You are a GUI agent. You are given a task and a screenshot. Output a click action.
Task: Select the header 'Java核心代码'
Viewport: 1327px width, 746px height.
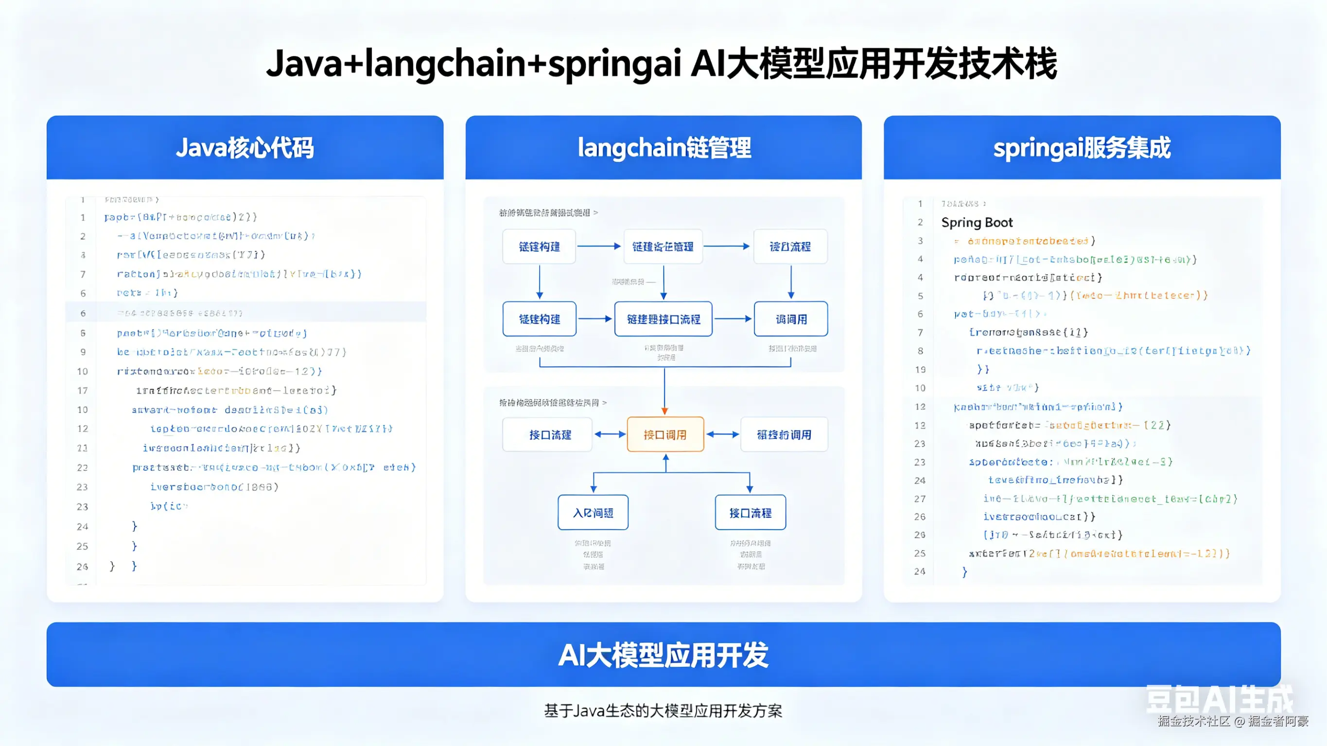click(x=244, y=148)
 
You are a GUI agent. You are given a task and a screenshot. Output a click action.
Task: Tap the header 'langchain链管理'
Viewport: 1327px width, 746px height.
click(x=663, y=148)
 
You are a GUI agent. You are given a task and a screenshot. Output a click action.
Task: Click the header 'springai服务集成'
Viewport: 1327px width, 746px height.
click(x=1082, y=148)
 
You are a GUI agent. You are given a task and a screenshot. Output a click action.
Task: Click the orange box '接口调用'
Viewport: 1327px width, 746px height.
click(x=665, y=435)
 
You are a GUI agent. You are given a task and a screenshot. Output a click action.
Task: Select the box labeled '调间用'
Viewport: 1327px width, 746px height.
click(x=791, y=319)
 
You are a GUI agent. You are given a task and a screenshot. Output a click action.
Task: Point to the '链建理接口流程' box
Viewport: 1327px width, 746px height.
click(x=663, y=319)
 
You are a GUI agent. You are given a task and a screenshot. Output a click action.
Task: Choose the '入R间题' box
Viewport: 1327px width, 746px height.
click(x=593, y=513)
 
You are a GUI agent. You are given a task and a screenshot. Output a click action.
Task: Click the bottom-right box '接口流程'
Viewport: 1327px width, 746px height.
click(x=750, y=513)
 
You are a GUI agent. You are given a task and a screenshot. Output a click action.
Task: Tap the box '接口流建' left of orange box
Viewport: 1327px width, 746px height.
click(x=550, y=435)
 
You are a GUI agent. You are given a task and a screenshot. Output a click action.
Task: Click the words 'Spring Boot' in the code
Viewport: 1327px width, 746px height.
click(x=977, y=223)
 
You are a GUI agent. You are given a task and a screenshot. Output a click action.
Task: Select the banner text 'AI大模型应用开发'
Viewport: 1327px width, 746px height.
click(x=663, y=655)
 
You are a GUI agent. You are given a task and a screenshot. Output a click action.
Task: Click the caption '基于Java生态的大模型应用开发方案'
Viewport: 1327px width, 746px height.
click(x=663, y=711)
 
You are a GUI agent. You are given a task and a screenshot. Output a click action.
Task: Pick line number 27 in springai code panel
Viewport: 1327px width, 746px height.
click(x=920, y=499)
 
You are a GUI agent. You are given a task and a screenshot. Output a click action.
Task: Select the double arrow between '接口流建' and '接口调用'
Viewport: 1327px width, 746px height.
click(x=610, y=435)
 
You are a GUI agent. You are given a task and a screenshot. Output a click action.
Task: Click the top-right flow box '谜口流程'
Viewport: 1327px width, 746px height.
click(x=790, y=247)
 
